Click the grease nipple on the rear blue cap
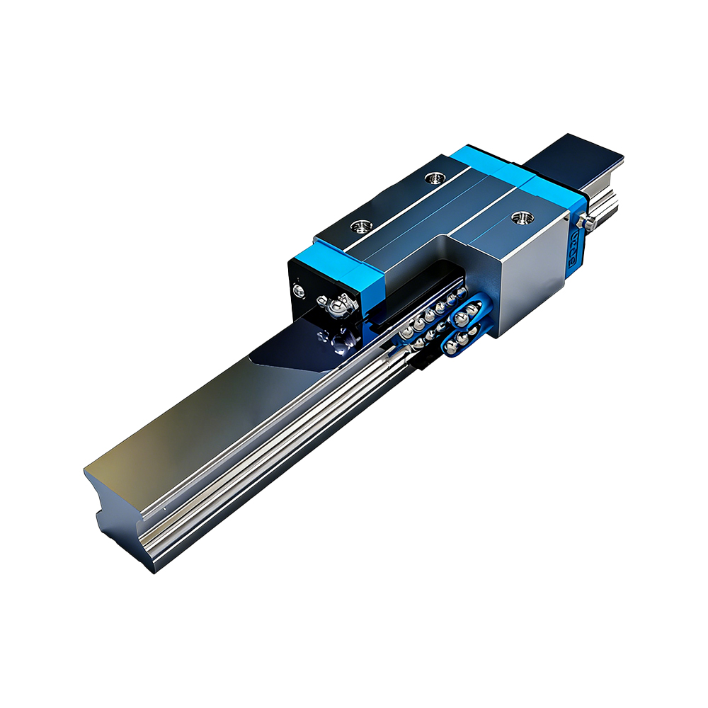click(582, 222)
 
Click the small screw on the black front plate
click(300, 290)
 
